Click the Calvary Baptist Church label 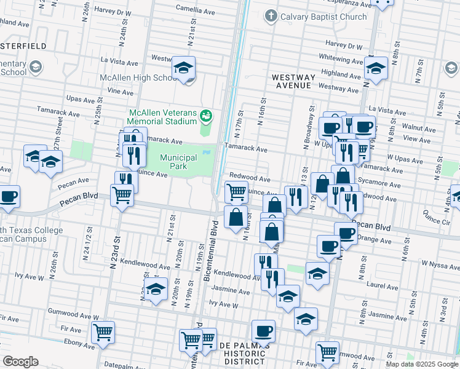[x=323, y=17]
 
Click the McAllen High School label [x=139, y=78]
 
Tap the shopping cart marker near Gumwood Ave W [x=103, y=333]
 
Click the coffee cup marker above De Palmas [x=263, y=331]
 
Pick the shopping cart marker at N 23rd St [x=122, y=195]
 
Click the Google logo [x=20, y=362]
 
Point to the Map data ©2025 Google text [x=422, y=364]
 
